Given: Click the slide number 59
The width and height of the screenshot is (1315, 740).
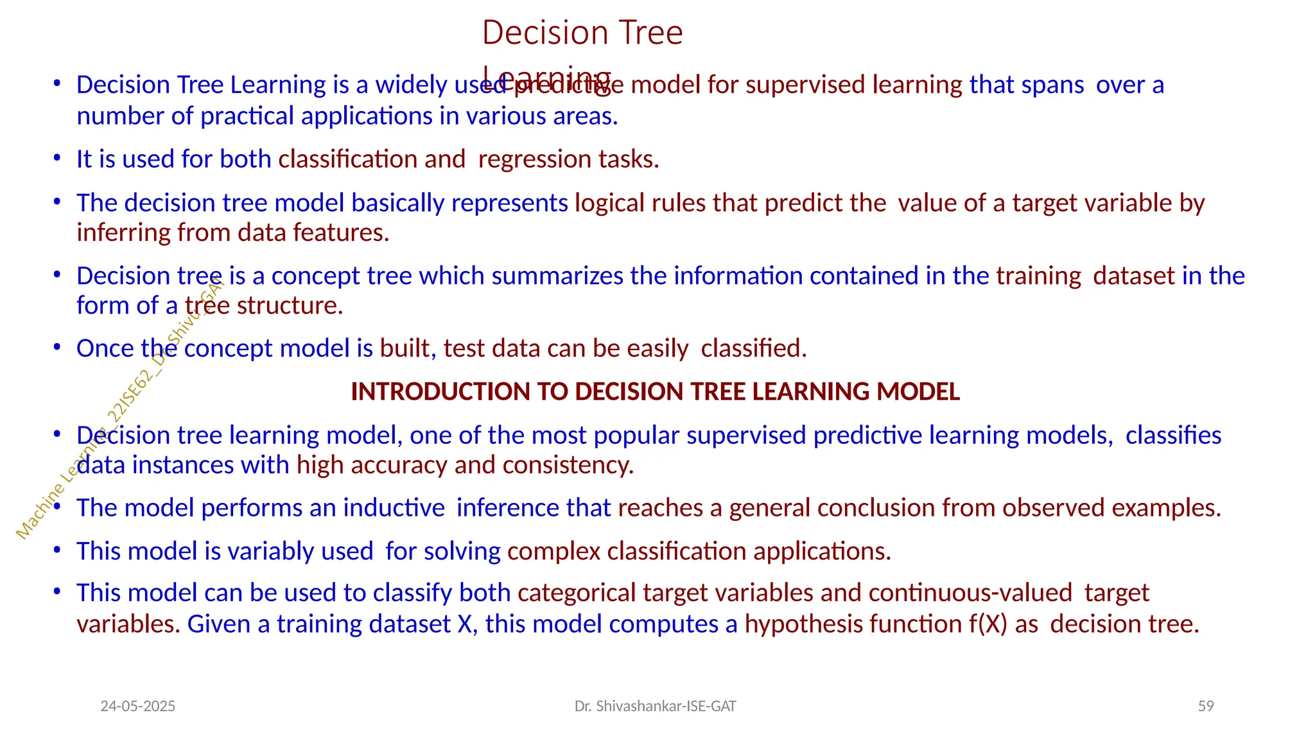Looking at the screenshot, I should coord(1206,706).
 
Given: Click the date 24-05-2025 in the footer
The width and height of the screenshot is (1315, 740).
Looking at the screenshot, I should coord(138,707).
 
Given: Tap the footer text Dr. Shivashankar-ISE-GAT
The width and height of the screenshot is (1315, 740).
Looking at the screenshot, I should coord(655,707).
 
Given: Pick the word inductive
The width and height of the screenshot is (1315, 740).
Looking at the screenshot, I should coord(394,508).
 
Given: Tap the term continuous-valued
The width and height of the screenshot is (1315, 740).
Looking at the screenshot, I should coord(970,593).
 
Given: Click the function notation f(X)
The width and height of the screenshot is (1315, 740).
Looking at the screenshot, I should coord(988,624).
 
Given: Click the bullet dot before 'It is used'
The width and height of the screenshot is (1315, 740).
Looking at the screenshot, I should coord(57,158).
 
